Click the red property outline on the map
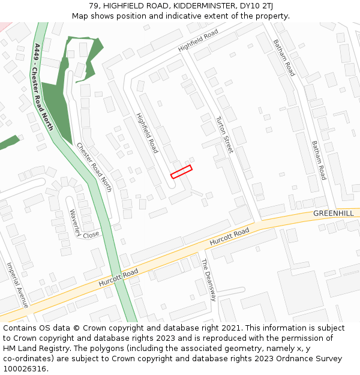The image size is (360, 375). tap(181, 172)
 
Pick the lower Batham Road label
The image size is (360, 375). tap(319, 160)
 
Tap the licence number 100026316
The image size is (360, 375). tap(25, 369)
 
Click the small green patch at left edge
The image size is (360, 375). tap(8, 143)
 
